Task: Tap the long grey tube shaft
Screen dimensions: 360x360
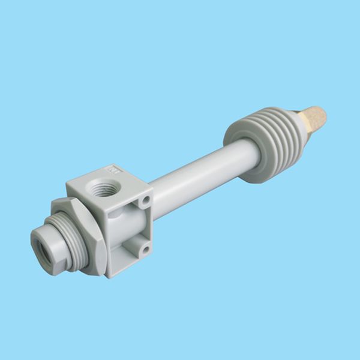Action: point(198,171)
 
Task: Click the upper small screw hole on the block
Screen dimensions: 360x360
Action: point(144,199)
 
